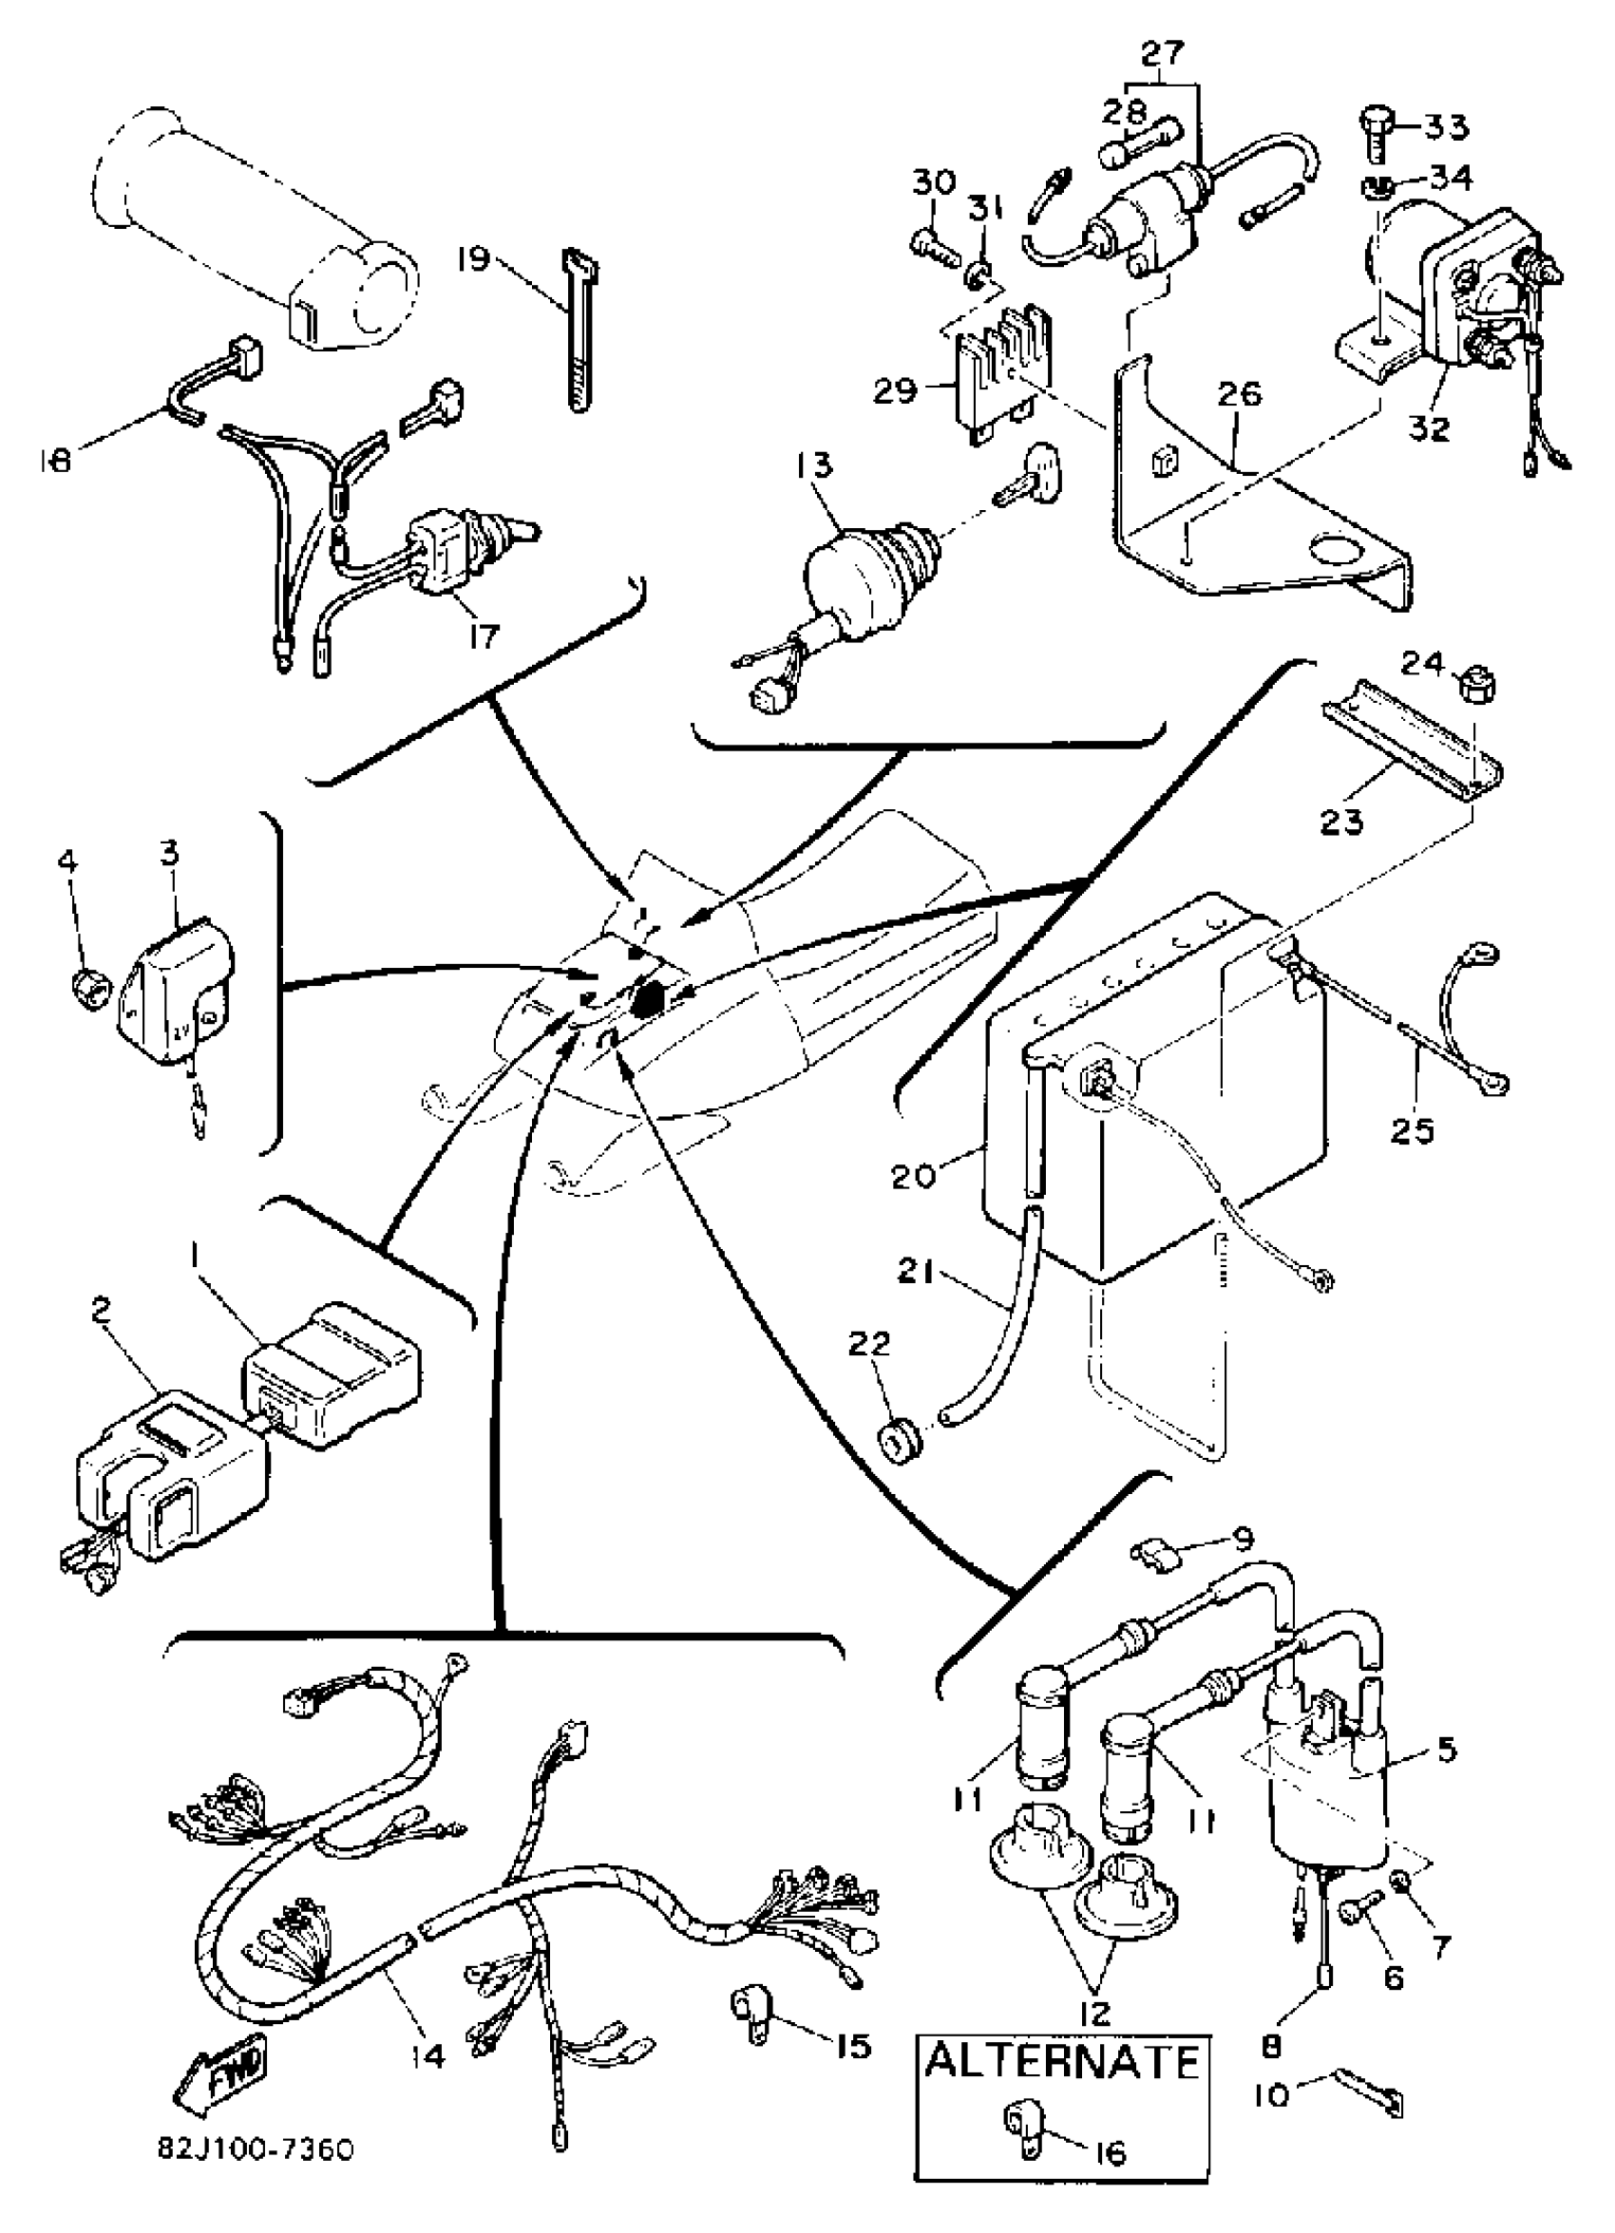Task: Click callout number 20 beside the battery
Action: coord(912,1177)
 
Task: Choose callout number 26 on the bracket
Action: coord(1239,395)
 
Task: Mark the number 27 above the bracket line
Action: coord(1163,52)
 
